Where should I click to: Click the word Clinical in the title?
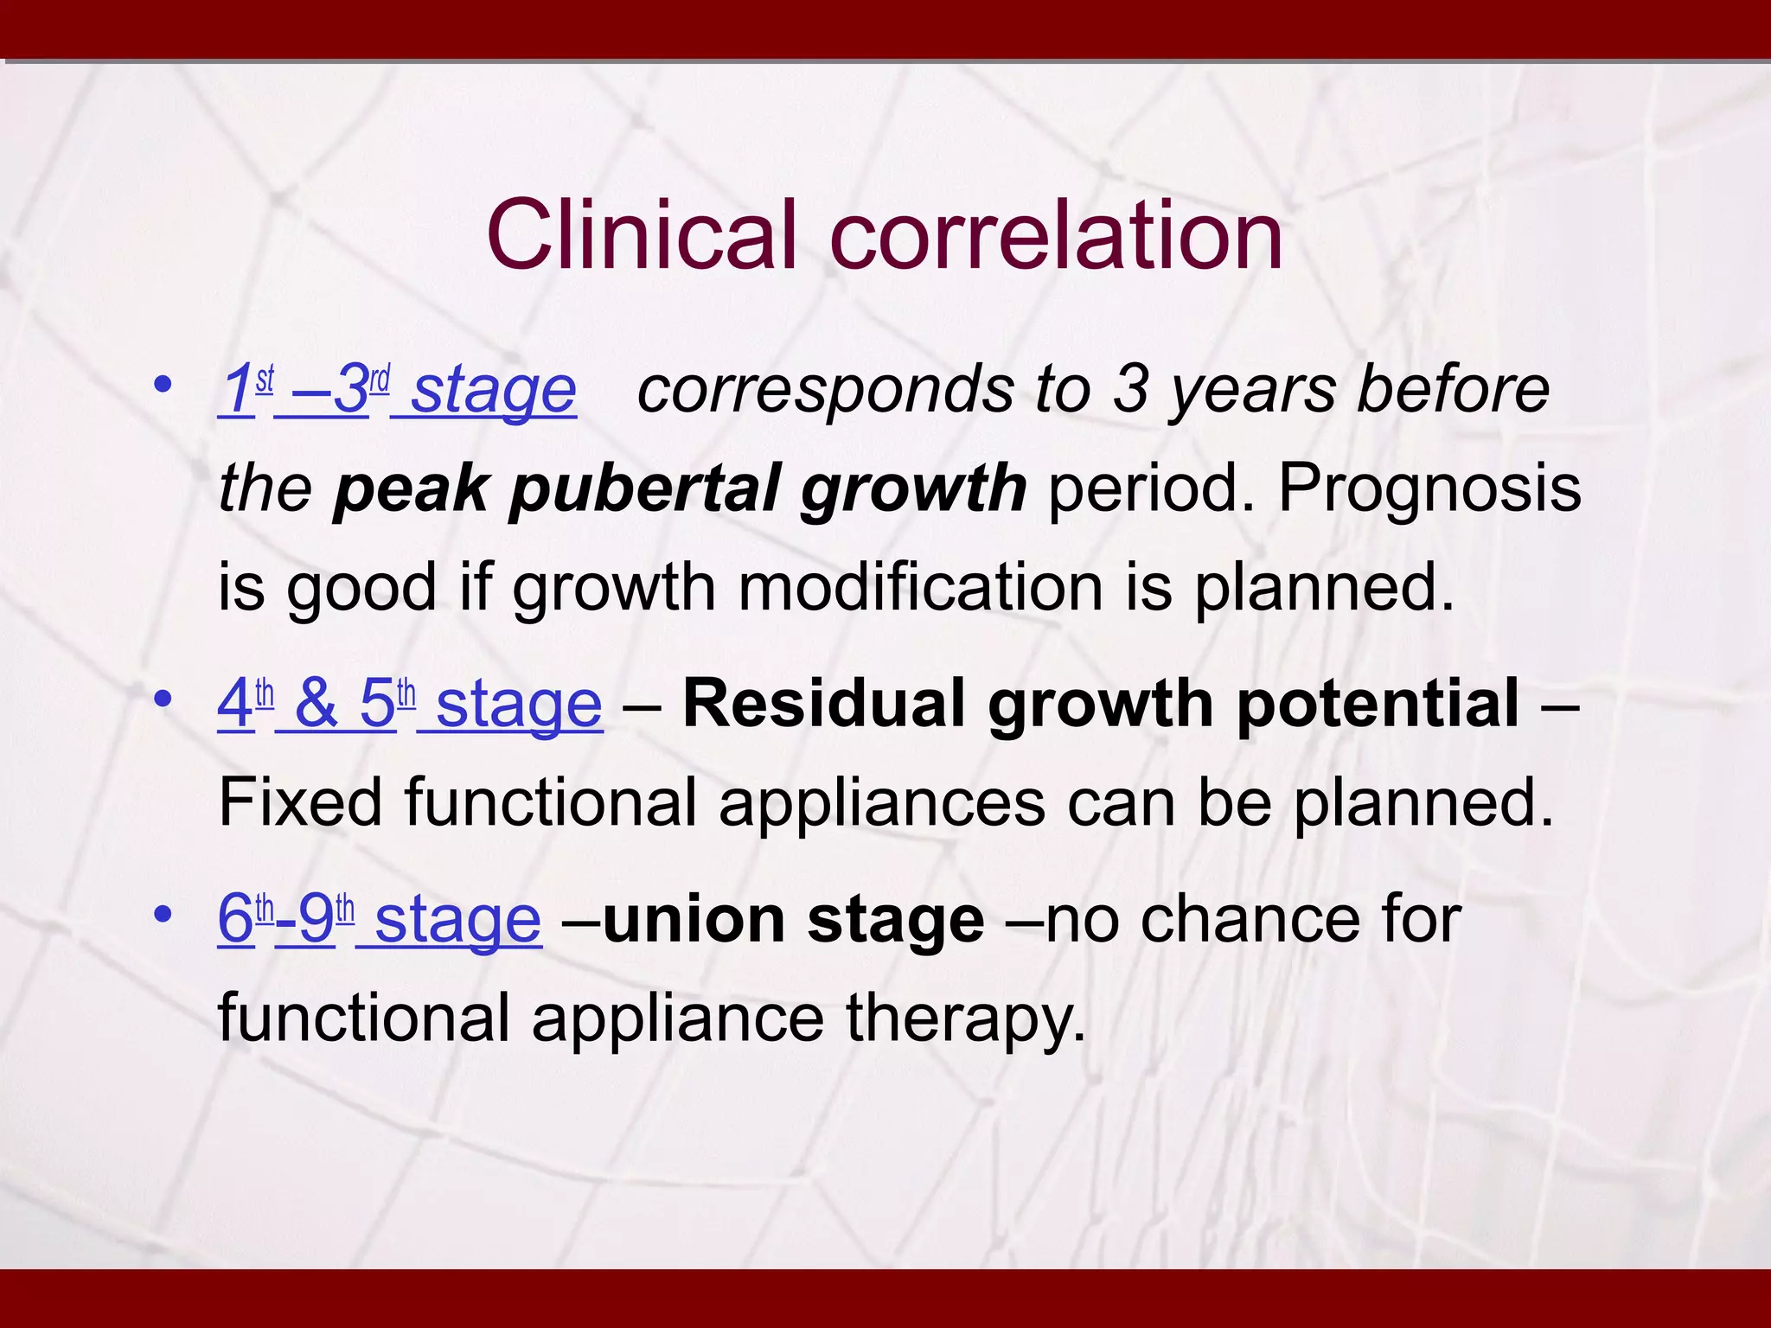(x=640, y=235)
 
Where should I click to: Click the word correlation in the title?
(x=1056, y=235)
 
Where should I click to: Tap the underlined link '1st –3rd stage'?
(x=398, y=390)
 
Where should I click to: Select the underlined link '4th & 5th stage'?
(x=410, y=704)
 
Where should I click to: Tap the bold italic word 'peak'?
(x=410, y=488)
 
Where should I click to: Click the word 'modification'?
(x=920, y=587)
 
